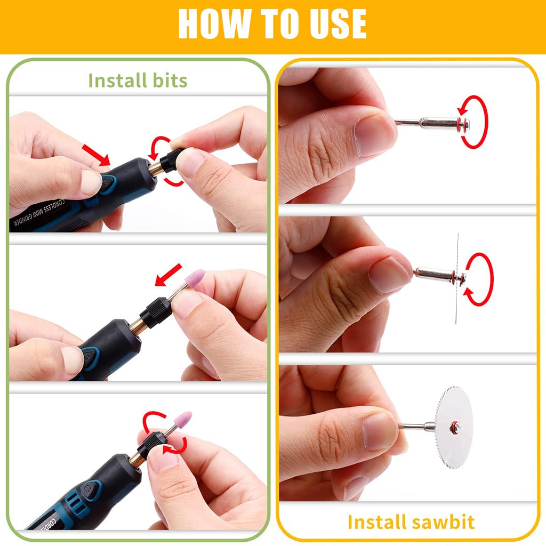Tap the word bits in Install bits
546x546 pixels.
point(169,81)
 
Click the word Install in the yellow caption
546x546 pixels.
point(376,521)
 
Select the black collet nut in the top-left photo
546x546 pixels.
point(172,159)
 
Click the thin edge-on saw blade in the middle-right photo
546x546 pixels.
point(457,277)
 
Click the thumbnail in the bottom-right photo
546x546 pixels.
point(380,431)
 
